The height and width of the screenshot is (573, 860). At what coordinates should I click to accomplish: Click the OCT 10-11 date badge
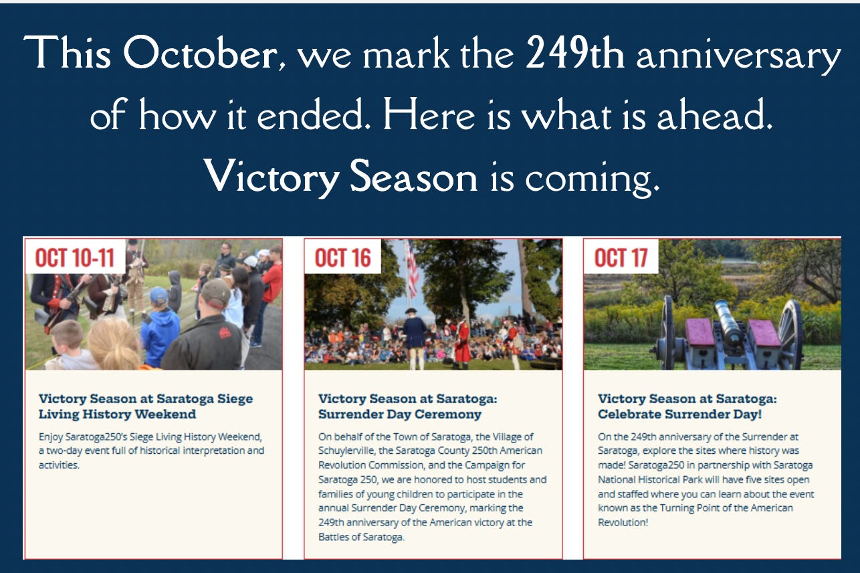pyautogui.click(x=76, y=257)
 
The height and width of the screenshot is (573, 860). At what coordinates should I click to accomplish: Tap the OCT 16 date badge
pyautogui.click(x=343, y=257)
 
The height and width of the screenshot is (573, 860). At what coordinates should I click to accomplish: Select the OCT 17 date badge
pyautogui.click(x=621, y=257)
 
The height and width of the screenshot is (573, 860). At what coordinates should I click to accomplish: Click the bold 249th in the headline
pyautogui.click(x=574, y=53)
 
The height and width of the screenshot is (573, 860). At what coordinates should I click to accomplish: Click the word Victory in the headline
pyautogui.click(x=272, y=177)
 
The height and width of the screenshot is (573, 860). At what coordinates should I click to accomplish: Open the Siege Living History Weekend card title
pyautogui.click(x=146, y=406)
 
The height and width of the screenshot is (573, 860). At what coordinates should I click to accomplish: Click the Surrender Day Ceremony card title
pyautogui.click(x=408, y=406)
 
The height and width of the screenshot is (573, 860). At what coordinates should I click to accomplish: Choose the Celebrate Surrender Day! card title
pyautogui.click(x=687, y=406)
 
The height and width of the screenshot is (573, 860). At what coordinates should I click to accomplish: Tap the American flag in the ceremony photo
pyautogui.click(x=412, y=269)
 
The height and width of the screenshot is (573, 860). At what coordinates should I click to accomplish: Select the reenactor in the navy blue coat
pyautogui.click(x=414, y=337)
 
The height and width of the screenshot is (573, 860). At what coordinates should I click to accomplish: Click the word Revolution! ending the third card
pyautogui.click(x=623, y=522)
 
